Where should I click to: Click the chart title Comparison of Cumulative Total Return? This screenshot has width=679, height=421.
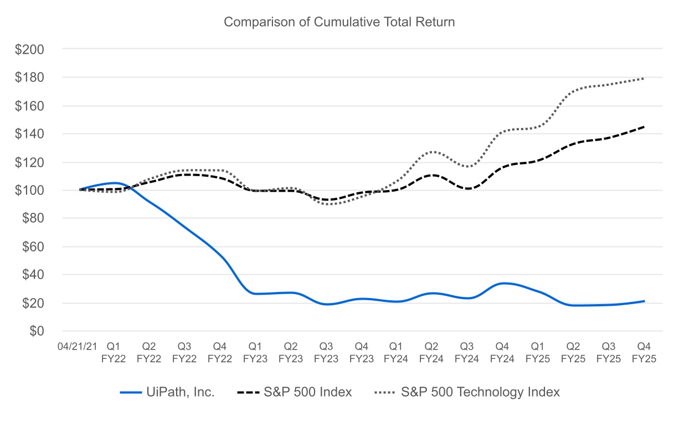pos(339,22)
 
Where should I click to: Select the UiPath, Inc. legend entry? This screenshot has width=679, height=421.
pos(167,392)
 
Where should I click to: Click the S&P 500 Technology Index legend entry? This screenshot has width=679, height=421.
pos(467,392)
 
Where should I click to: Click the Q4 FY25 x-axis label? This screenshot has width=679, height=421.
pos(644,352)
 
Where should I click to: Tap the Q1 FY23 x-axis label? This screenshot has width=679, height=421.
pos(255,352)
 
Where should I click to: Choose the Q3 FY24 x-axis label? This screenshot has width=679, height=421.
pos(467,352)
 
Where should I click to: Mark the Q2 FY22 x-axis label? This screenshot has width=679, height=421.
pos(149,352)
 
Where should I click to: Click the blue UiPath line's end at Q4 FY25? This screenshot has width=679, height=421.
pos(644,301)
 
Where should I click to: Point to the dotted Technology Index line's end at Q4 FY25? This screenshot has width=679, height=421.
pos(644,79)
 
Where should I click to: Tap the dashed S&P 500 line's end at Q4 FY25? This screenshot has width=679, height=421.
pos(644,127)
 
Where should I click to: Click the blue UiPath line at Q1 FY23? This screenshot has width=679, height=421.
pos(255,294)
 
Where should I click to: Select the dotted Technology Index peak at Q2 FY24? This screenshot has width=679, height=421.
pos(432,151)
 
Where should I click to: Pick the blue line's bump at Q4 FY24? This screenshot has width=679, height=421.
pos(503,284)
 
